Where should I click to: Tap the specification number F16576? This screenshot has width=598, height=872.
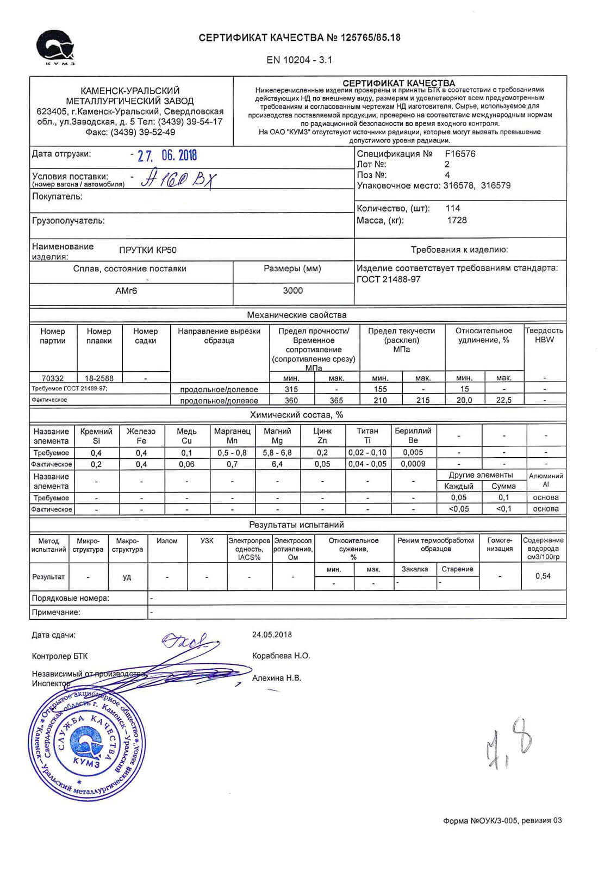(x=460, y=154)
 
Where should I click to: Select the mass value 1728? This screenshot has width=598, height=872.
(x=457, y=220)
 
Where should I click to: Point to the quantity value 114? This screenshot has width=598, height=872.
(x=452, y=208)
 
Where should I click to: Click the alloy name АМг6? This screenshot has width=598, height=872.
(x=126, y=291)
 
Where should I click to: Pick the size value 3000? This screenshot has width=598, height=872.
(x=292, y=291)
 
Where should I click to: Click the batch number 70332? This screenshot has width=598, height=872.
(x=53, y=378)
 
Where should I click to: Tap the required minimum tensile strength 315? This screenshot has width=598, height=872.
(x=291, y=389)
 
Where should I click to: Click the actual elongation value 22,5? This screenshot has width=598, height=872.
(x=504, y=400)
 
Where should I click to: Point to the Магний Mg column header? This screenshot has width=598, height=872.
(x=277, y=436)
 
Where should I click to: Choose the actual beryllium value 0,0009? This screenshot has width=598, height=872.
(x=413, y=464)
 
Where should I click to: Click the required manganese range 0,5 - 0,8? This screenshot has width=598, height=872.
(x=232, y=453)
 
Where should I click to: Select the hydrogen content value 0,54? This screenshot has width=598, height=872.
(x=543, y=576)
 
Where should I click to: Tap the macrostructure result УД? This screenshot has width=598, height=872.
(x=127, y=577)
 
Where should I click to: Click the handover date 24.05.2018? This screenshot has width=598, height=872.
(x=272, y=634)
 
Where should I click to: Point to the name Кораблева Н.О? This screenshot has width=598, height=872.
(x=281, y=656)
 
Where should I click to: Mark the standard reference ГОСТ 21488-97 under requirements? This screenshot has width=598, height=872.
(x=389, y=279)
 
